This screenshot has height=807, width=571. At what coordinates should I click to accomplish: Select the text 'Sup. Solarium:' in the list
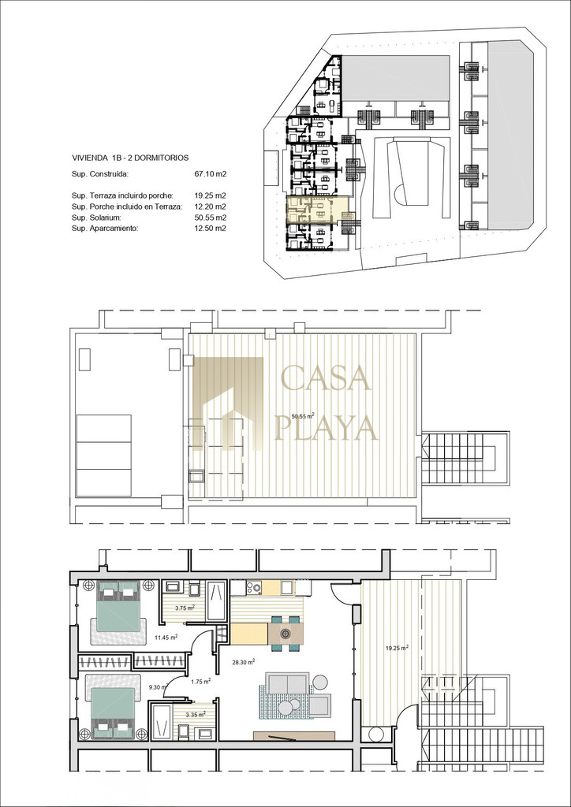click(93, 218)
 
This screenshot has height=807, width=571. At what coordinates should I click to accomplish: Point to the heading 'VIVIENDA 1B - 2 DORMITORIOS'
click(130, 158)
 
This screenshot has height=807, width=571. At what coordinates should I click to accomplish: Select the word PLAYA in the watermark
click(327, 427)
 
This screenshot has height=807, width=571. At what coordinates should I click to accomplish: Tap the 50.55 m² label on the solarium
click(303, 416)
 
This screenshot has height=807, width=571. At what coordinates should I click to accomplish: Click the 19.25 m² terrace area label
click(397, 648)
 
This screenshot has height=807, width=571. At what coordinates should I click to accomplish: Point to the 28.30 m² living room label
click(243, 662)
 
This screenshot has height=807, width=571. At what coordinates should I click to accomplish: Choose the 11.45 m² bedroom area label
click(166, 637)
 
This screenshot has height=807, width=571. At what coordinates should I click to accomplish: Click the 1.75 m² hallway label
click(200, 682)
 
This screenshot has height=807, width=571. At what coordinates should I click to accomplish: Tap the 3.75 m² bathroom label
click(184, 608)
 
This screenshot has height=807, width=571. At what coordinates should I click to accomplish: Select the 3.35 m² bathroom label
click(196, 714)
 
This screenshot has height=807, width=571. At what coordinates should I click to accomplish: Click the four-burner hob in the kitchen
click(254, 587)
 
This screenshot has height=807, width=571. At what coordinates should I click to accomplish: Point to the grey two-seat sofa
click(288, 683)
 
